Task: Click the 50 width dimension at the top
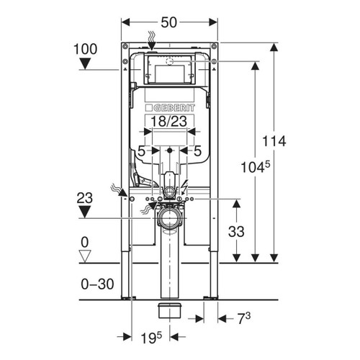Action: click(169, 22)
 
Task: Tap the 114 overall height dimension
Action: click(274, 141)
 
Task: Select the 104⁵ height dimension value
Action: click(256, 166)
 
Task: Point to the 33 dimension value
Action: click(236, 232)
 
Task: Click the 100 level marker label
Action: click(85, 49)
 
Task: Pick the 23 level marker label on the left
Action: click(85, 198)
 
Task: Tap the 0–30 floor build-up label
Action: click(97, 284)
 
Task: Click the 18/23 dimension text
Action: click(169, 121)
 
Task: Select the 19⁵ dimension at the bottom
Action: click(151, 338)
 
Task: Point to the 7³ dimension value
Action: click(244, 318)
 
